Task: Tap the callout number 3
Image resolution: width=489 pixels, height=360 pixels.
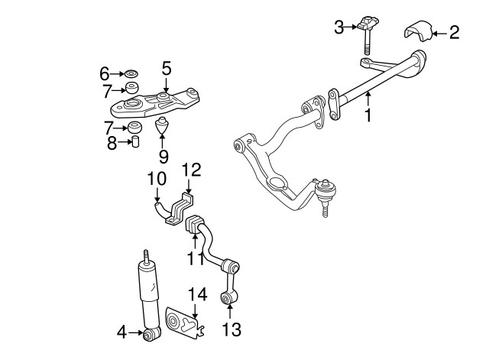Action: [x=339, y=28]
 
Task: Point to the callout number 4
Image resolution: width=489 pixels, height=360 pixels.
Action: [x=121, y=332]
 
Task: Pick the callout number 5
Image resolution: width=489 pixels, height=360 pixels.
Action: [x=167, y=68]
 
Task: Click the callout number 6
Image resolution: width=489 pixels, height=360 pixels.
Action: [x=105, y=73]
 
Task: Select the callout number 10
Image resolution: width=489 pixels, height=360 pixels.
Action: [x=156, y=178]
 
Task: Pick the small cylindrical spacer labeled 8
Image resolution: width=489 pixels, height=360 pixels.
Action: [x=135, y=141]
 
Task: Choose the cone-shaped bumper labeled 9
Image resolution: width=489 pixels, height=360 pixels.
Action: [x=163, y=125]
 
